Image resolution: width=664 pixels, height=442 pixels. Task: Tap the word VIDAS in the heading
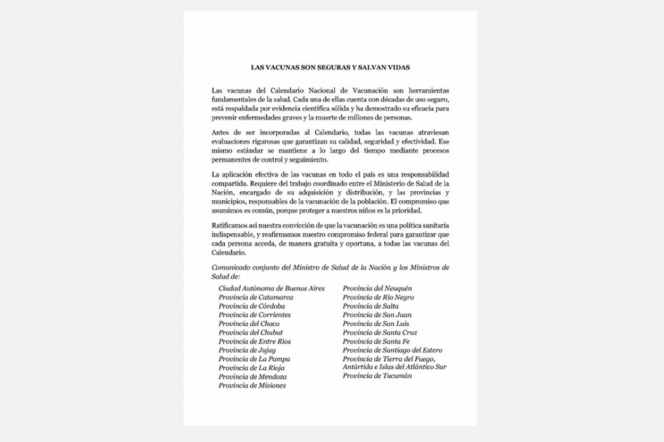tap(398, 67)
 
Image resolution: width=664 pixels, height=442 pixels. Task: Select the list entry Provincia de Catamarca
tap(256, 297)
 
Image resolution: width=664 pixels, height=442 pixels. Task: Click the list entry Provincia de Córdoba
tap(251, 306)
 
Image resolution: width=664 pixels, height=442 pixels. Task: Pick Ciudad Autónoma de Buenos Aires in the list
tap(271, 288)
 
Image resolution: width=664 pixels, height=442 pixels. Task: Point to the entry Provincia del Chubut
tap(251, 332)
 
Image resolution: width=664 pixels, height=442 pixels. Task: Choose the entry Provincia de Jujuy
tap(247, 350)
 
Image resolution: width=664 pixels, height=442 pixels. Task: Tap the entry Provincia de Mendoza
tap(252, 377)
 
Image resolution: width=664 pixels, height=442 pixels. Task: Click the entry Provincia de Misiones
tap(252, 385)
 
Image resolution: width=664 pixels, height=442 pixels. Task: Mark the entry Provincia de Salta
tap(371, 306)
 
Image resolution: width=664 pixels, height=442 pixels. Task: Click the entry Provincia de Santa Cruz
tap(380, 332)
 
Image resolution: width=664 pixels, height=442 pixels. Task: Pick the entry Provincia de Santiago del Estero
tap(392, 350)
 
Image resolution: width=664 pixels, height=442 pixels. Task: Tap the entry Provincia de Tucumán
tap(377, 376)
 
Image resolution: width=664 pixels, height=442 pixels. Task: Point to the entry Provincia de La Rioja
tap(251, 368)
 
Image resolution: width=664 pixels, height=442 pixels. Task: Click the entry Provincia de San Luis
tap(376, 324)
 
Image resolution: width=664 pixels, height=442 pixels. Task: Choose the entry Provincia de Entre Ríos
tap(254, 341)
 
